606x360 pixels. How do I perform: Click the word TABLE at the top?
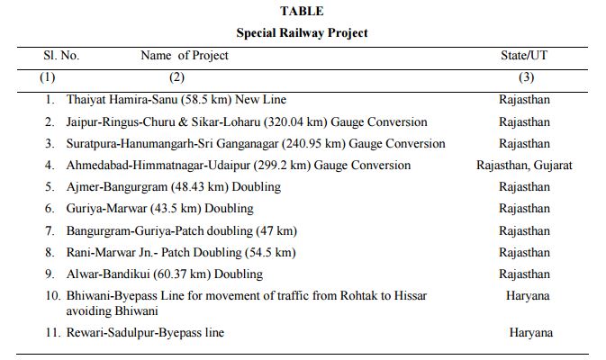[302, 11]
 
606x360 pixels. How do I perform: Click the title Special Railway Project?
[302, 32]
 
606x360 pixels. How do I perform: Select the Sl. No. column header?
[61, 55]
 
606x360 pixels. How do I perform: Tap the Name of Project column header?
[185, 55]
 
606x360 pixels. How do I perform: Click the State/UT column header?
[524, 55]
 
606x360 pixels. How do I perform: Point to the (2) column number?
[176, 77]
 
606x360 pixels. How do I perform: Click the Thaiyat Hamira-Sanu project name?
[176, 100]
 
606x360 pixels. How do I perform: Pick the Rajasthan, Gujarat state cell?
[524, 166]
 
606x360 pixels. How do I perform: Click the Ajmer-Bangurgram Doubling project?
[173, 187]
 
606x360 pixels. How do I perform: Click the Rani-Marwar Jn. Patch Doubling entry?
[180, 252]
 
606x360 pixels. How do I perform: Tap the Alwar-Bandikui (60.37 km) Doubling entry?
[164, 274]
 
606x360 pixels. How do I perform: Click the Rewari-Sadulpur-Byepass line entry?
[144, 333]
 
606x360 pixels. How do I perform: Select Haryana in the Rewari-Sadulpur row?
[530, 333]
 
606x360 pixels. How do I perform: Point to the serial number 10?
[50, 296]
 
